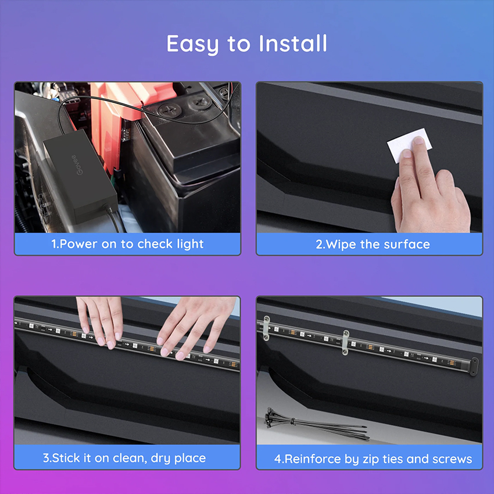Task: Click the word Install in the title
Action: [x=293, y=43]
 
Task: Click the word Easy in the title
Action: [x=192, y=45]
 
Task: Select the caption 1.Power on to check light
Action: [x=127, y=244]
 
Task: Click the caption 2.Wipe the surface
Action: [x=373, y=245]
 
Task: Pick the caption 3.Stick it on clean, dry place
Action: [x=124, y=458]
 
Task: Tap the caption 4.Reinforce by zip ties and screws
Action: [x=373, y=459]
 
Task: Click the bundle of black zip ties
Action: [x=315, y=424]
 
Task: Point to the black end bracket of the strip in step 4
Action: [x=474, y=366]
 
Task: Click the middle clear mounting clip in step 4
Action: [x=346, y=342]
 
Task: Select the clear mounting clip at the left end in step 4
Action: [x=266, y=328]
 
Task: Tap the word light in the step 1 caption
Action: [x=190, y=244]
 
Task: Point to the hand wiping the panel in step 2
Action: [x=430, y=186]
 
